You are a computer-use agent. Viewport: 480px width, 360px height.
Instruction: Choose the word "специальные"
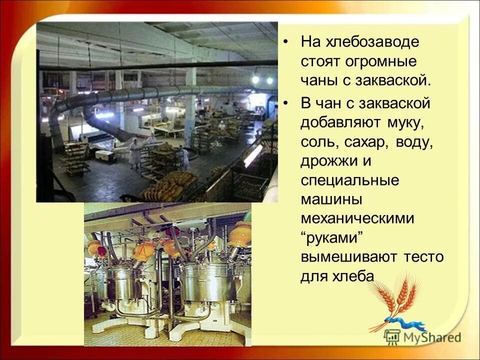[350, 180]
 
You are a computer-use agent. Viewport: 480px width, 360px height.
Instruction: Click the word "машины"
[331, 199]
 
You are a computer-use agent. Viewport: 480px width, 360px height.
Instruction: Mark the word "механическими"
[357, 218]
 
